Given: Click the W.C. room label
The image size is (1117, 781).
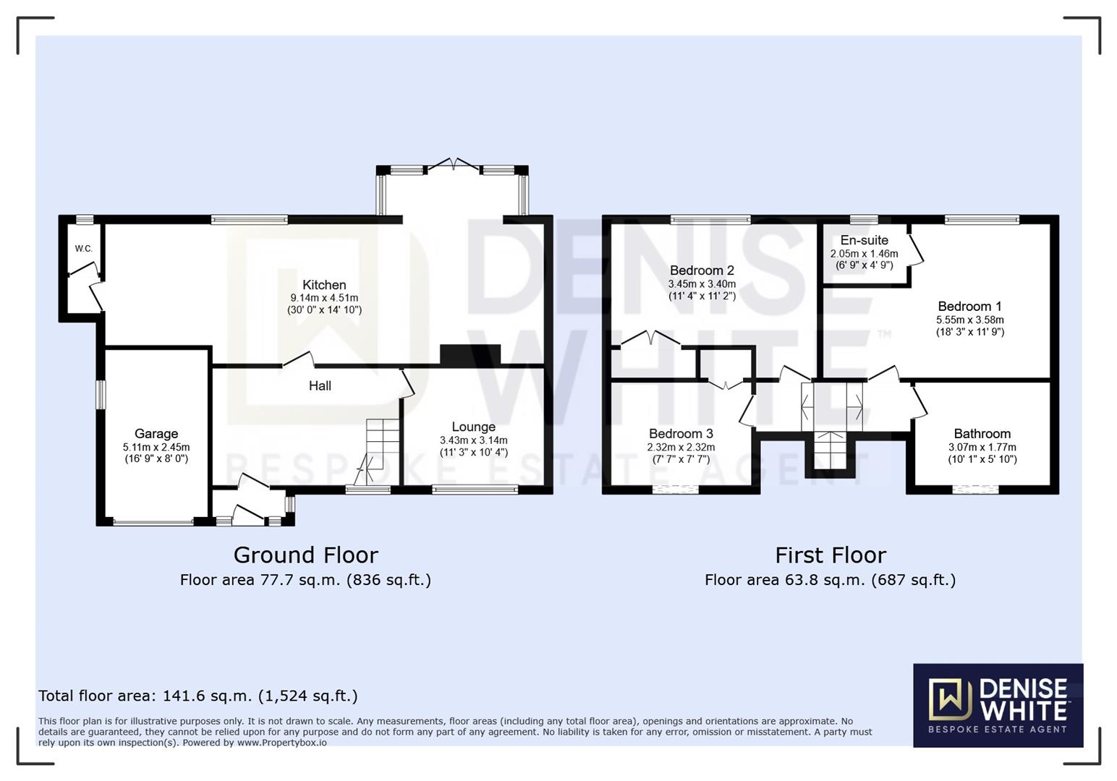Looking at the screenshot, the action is (x=84, y=249).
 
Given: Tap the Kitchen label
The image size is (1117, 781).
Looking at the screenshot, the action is (x=324, y=285).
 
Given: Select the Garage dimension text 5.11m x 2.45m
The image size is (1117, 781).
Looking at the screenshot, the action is (x=156, y=447).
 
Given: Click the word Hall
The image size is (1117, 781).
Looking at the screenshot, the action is (x=320, y=385).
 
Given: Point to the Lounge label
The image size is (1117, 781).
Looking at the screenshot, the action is (x=474, y=427).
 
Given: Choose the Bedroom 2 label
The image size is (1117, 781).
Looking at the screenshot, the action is (x=702, y=270).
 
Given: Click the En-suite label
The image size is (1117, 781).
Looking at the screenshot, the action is (x=865, y=240).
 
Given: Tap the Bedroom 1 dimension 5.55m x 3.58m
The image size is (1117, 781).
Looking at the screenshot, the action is (x=970, y=320).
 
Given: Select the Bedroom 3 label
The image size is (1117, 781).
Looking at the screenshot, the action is (x=681, y=434).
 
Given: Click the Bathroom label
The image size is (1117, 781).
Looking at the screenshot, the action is (x=982, y=434).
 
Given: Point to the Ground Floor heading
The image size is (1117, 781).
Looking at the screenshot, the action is (x=306, y=555).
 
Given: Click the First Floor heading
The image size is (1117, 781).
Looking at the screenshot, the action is (x=831, y=555).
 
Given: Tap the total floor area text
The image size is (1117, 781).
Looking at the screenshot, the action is (x=198, y=696).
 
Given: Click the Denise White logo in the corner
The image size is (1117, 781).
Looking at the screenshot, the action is (x=998, y=705).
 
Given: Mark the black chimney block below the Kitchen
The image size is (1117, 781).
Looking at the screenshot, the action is (x=470, y=355).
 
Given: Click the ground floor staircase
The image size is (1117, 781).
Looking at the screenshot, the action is (x=378, y=451).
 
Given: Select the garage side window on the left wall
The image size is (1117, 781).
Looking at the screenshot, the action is (x=101, y=395).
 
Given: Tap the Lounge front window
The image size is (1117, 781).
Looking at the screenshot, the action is (x=475, y=490).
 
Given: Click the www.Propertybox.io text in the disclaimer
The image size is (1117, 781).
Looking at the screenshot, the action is (x=281, y=743).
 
